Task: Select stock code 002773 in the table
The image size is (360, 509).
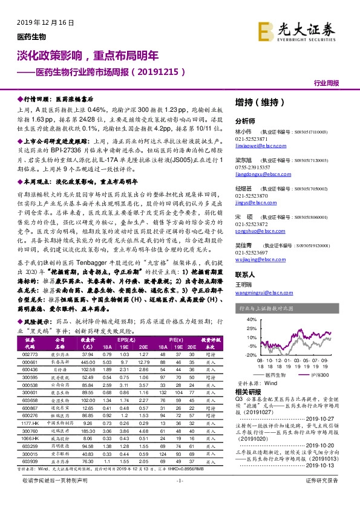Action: [x=31, y=355]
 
